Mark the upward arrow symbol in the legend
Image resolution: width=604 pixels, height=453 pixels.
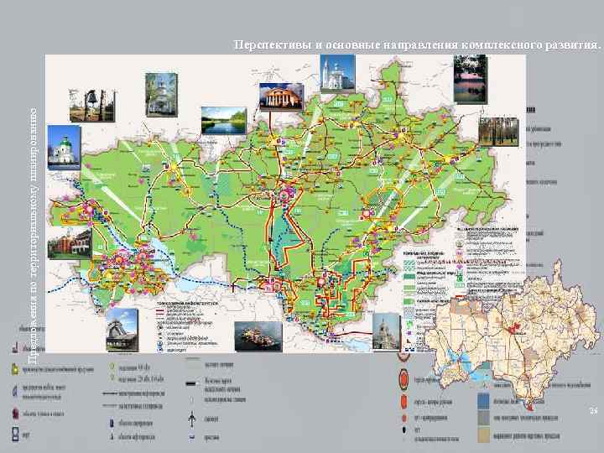192,418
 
